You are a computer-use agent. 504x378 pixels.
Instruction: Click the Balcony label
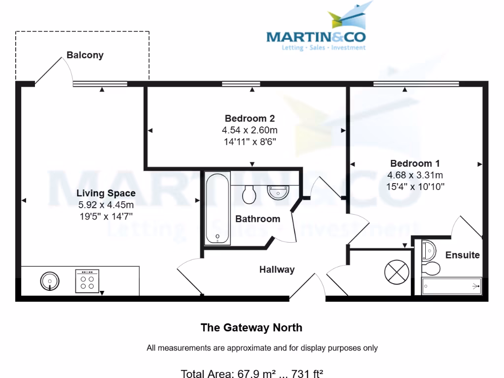85,55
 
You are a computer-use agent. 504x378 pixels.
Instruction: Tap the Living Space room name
106,193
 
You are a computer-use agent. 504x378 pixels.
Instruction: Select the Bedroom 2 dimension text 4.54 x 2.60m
250,130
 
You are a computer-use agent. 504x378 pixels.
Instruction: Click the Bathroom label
257,219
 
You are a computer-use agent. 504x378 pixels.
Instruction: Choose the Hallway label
277,269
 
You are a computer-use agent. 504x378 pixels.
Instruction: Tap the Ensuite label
462,255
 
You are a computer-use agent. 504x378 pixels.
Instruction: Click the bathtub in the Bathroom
217,208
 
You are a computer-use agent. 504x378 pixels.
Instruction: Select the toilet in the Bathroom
250,195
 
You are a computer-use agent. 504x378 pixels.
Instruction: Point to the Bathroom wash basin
279,191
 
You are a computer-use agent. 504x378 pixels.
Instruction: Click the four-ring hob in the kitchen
87,281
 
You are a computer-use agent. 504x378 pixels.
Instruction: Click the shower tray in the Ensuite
451,285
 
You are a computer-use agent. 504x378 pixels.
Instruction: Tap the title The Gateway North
252,327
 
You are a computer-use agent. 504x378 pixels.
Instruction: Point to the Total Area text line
252,374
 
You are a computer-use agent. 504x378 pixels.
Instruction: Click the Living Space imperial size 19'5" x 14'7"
106,215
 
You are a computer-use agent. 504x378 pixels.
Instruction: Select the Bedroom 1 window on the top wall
416,84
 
